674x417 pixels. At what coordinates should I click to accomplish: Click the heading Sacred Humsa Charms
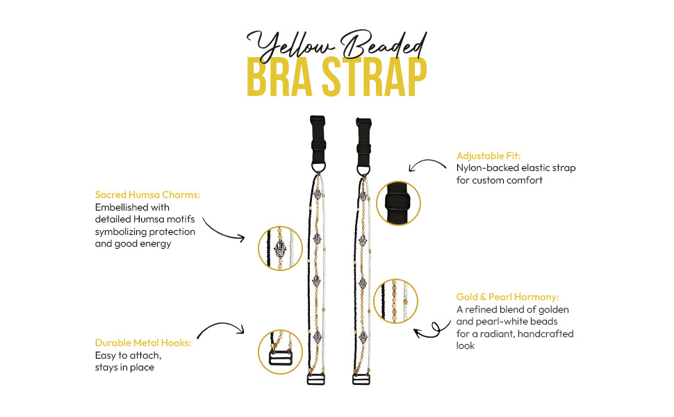point(147,195)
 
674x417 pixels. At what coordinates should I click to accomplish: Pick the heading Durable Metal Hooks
point(142,343)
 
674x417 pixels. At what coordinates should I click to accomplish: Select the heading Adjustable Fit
point(488,156)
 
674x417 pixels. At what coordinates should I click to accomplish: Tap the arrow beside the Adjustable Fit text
point(427,165)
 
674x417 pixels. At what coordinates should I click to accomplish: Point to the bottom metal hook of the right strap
point(361,379)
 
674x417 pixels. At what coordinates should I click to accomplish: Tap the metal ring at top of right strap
point(363,170)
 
